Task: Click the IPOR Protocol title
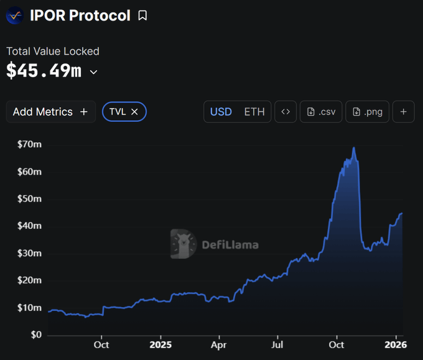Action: click(80, 16)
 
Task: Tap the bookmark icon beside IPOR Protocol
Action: click(142, 16)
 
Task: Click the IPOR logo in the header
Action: click(14, 16)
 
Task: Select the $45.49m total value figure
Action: click(44, 71)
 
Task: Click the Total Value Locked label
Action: click(53, 52)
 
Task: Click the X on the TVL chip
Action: click(134, 112)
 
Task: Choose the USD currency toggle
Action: click(221, 112)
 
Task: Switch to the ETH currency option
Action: click(254, 112)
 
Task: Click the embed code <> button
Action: click(286, 112)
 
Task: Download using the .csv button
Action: click(321, 112)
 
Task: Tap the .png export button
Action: click(367, 112)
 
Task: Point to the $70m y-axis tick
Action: click(30, 144)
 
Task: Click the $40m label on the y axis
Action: click(30, 226)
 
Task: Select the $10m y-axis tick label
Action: click(30, 308)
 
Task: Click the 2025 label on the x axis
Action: click(160, 344)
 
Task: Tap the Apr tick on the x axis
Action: click(219, 344)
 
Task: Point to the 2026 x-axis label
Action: click(396, 344)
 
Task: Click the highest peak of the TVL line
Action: click(354, 148)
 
